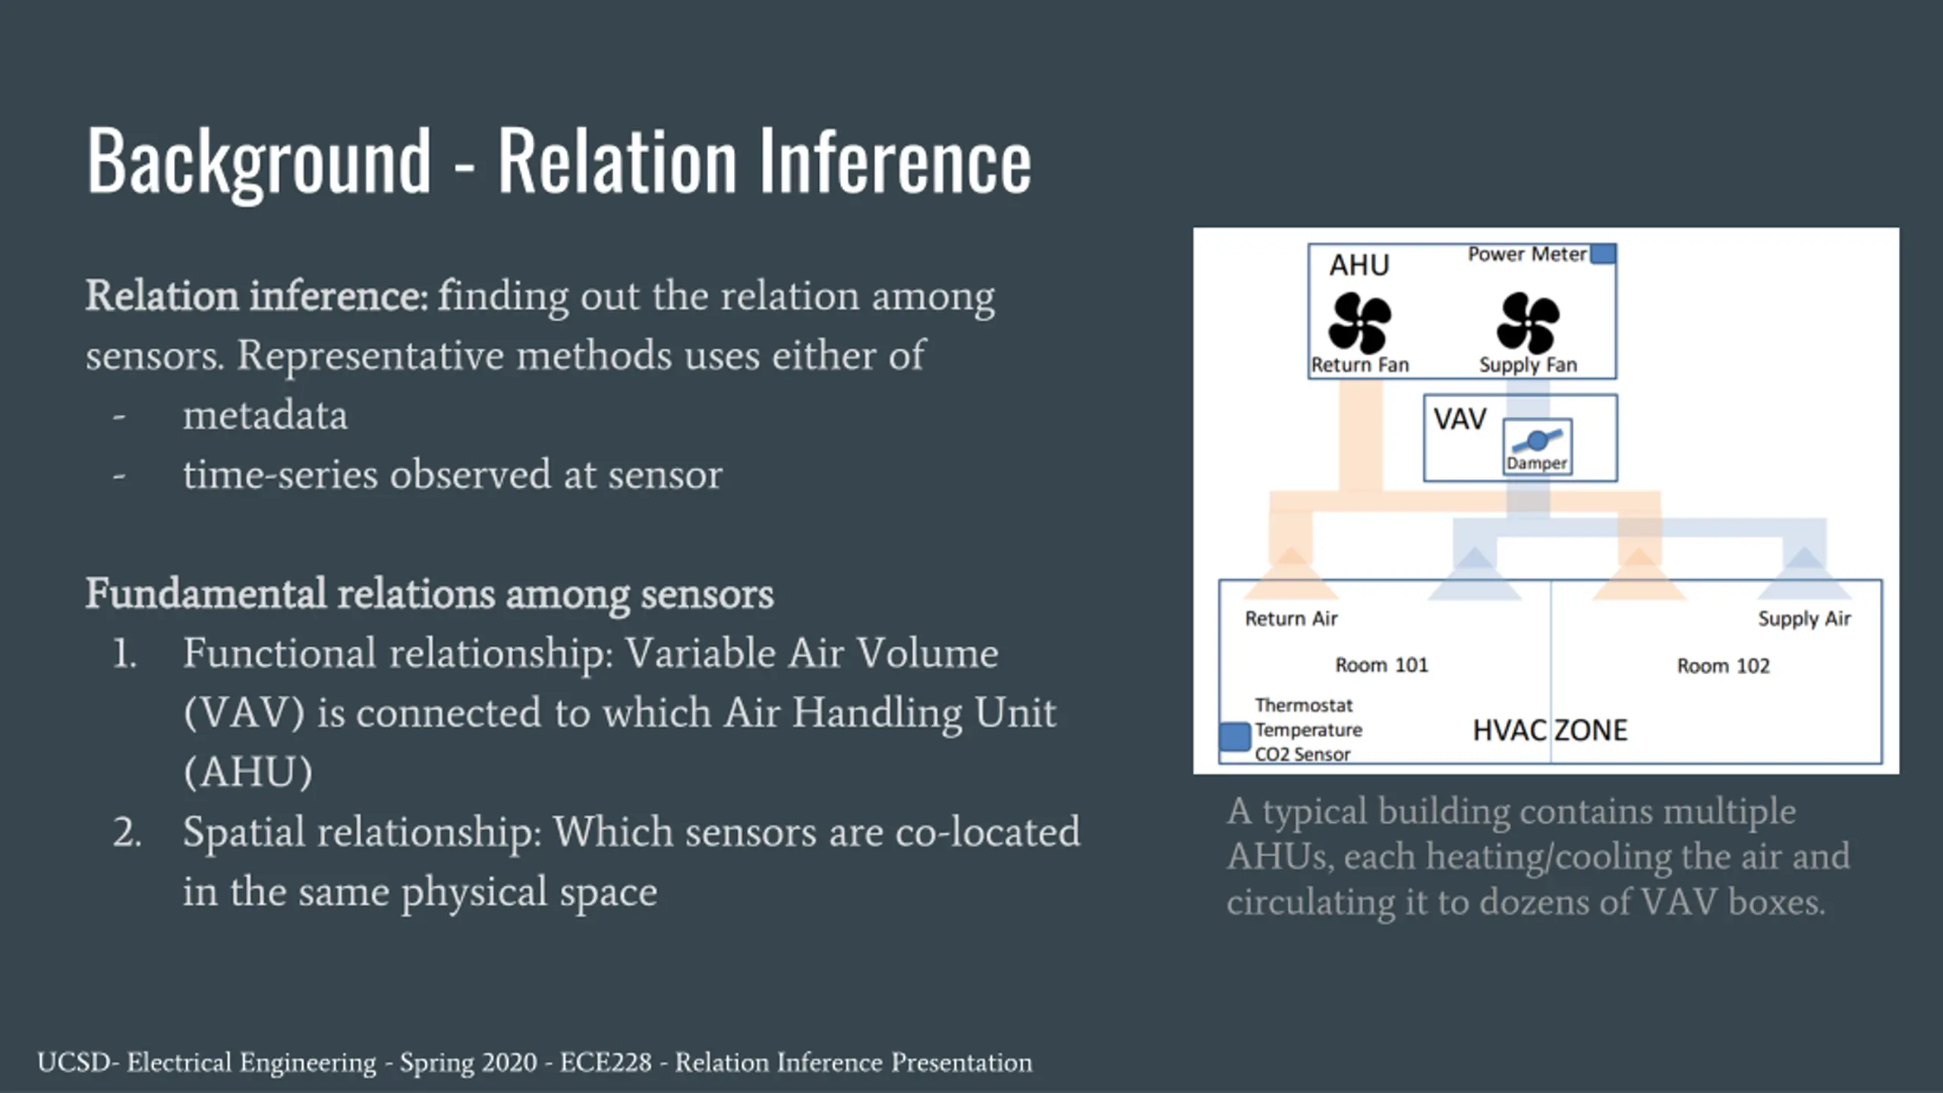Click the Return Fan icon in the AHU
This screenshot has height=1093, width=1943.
[x=1359, y=323]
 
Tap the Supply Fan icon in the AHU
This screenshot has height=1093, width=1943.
[x=1528, y=323]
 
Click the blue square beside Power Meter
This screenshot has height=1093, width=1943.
[x=1603, y=254]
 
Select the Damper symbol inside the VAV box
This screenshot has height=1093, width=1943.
[x=1537, y=441]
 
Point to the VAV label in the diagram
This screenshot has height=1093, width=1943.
[x=1460, y=420]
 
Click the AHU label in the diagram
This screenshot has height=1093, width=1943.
[x=1359, y=266]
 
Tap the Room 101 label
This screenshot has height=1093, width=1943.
[x=1381, y=665]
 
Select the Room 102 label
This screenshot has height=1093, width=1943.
[x=1723, y=666]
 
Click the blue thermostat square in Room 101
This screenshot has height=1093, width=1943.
[x=1235, y=736]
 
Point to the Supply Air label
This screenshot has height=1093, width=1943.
[x=1804, y=619]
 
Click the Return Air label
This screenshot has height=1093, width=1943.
[x=1291, y=619]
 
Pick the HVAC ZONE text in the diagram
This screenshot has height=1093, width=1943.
[x=1550, y=730]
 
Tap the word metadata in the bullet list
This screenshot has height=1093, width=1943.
[x=265, y=415]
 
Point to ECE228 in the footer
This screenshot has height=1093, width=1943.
[x=605, y=1063]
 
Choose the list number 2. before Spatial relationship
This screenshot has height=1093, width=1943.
[x=127, y=832]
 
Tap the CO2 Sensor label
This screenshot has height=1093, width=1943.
[x=1302, y=754]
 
